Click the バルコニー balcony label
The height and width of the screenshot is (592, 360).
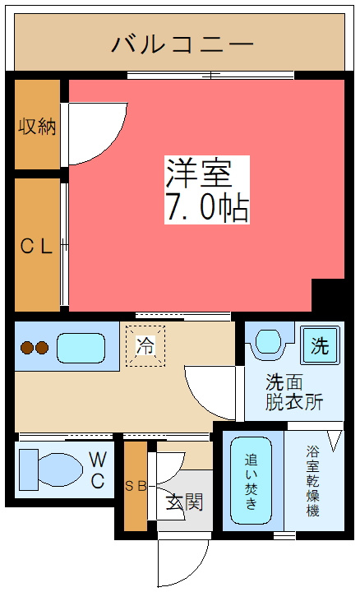[182, 42]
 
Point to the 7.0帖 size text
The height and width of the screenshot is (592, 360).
[207, 209]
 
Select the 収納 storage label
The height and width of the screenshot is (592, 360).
[37, 127]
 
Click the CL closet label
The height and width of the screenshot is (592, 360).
[37, 245]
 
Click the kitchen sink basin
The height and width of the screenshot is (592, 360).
[80, 348]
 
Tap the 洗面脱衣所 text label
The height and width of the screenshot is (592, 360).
[293, 392]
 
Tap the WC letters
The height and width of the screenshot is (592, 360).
[97, 469]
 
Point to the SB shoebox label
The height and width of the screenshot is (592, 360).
[136, 486]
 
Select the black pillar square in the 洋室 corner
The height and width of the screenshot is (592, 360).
[328, 294]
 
